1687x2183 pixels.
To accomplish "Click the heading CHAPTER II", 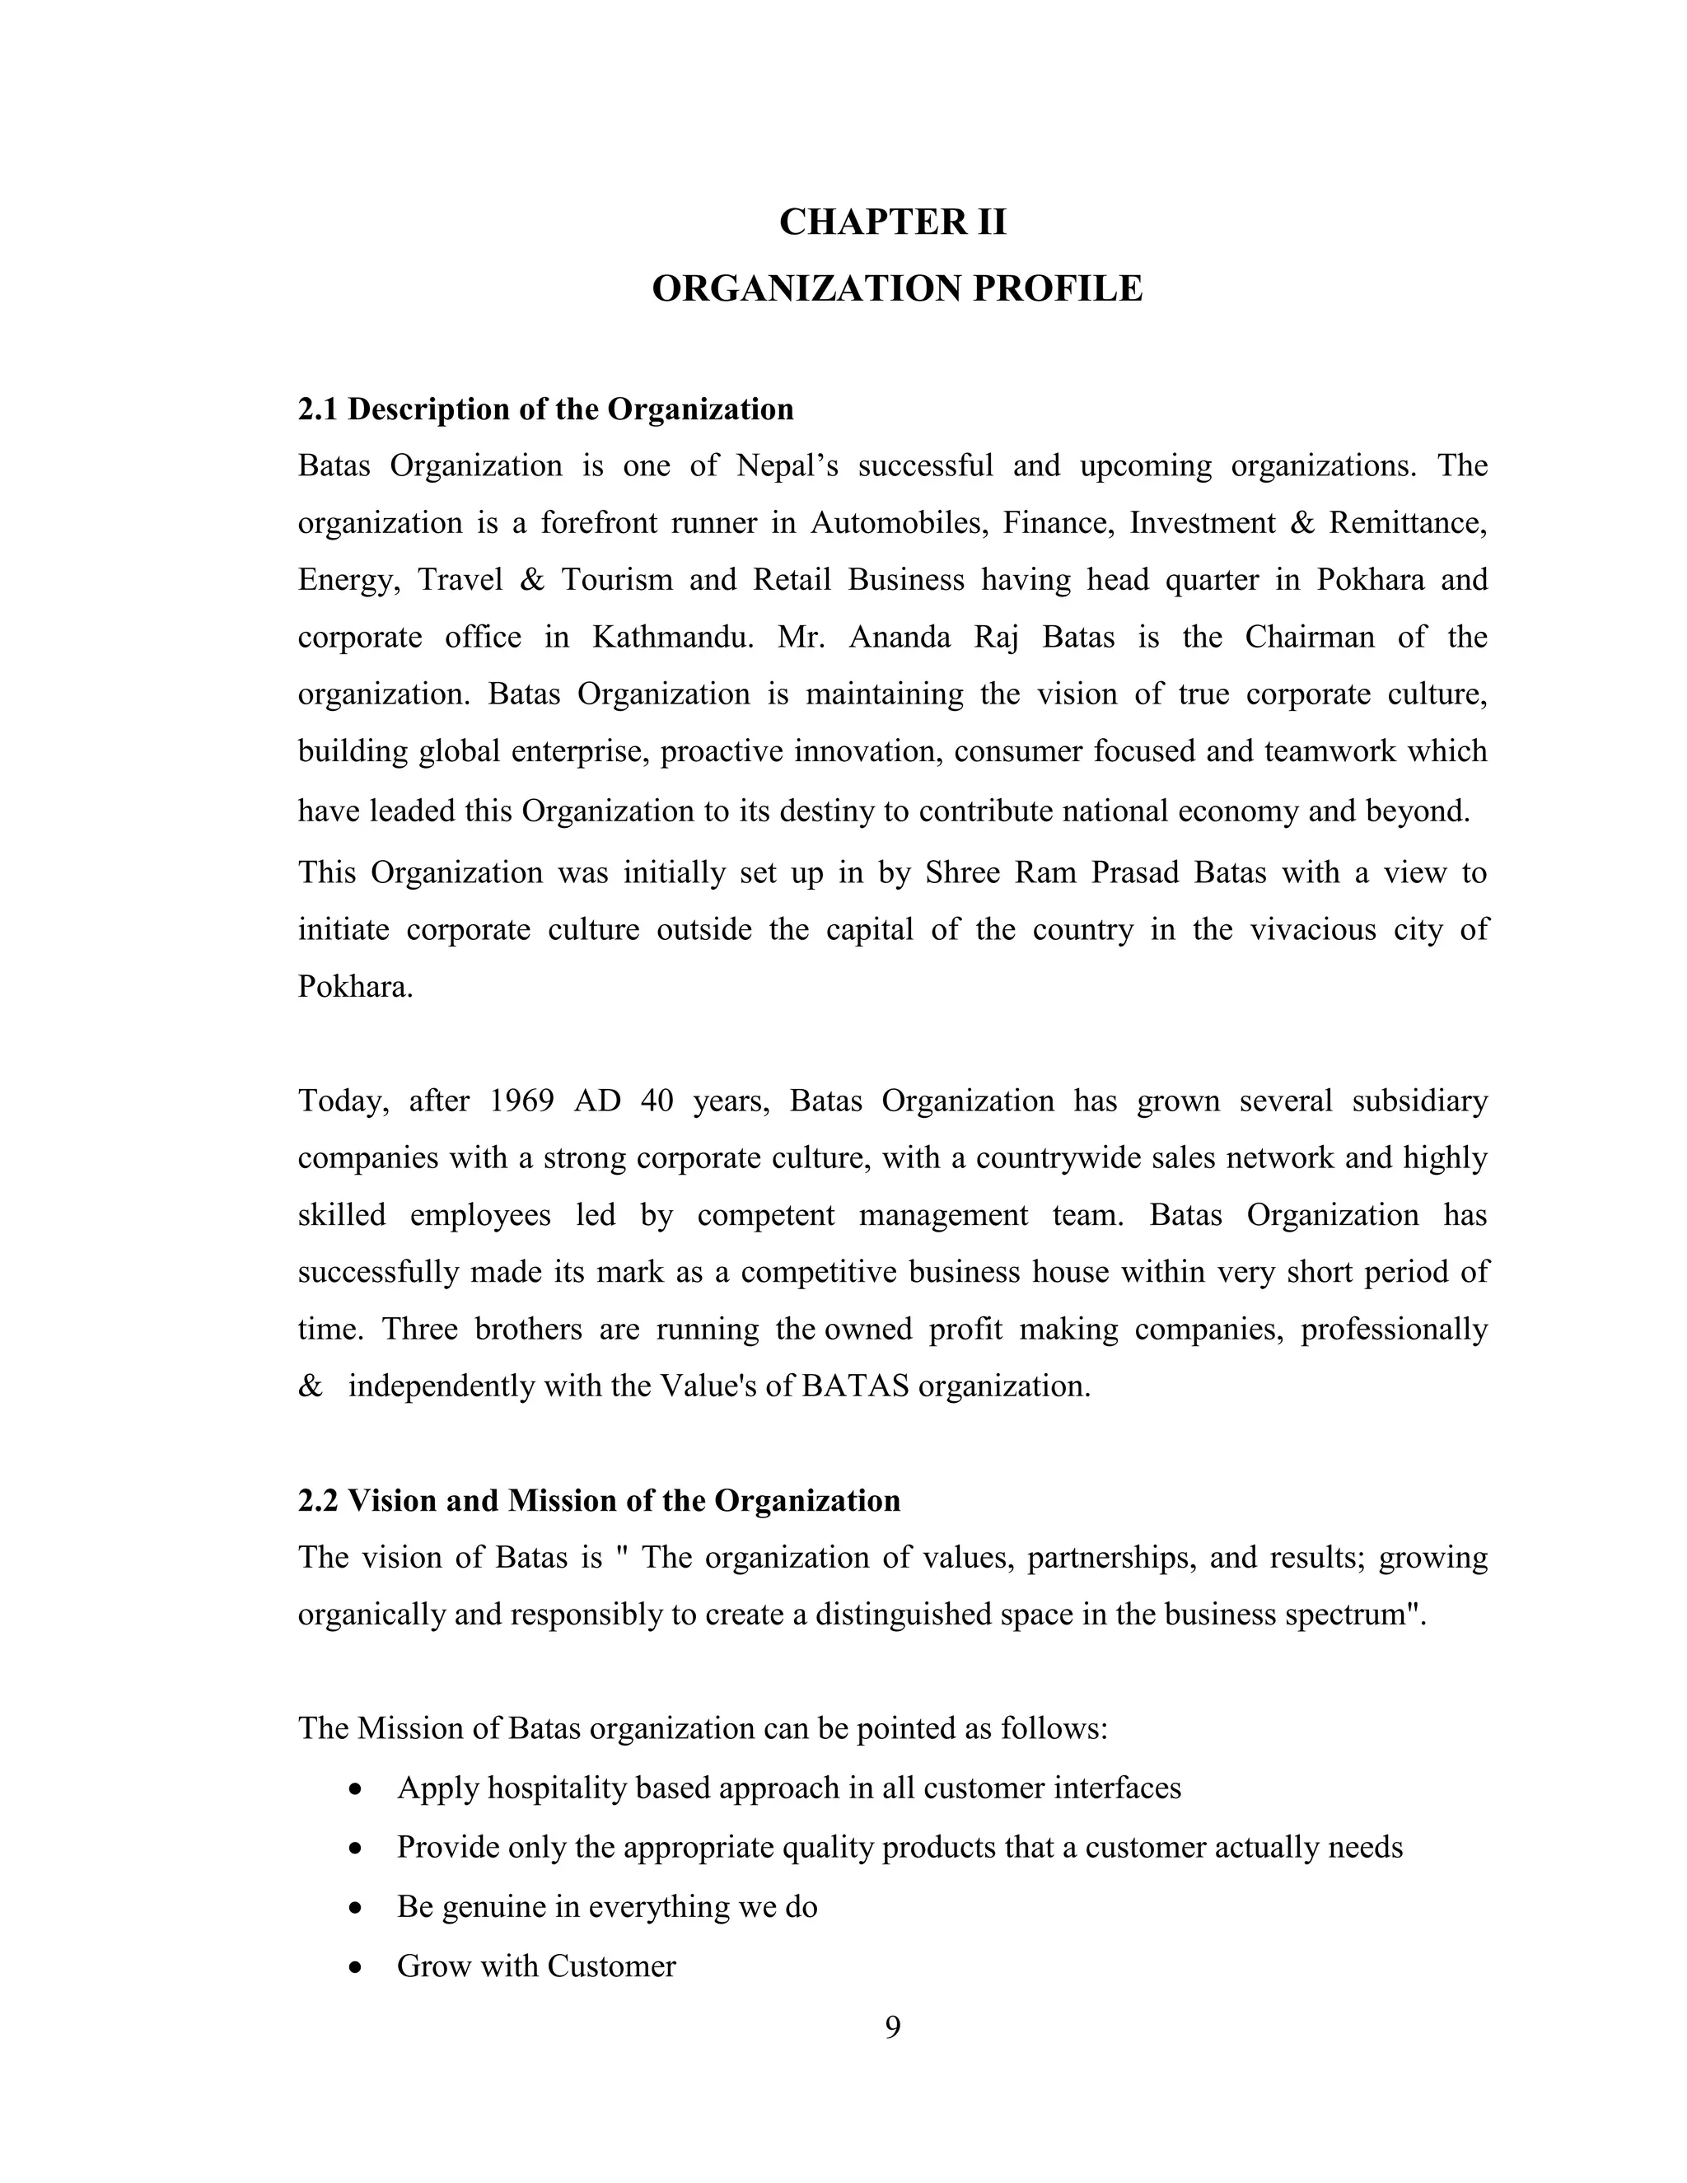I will click(892, 222).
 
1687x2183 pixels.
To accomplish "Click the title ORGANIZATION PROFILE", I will click(896, 289).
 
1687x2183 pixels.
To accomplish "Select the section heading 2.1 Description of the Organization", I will click(545, 409).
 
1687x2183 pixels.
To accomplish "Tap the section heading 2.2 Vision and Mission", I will click(599, 1500).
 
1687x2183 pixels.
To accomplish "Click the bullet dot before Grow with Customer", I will click(356, 1968).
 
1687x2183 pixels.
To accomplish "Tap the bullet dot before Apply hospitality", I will click(356, 1789).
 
